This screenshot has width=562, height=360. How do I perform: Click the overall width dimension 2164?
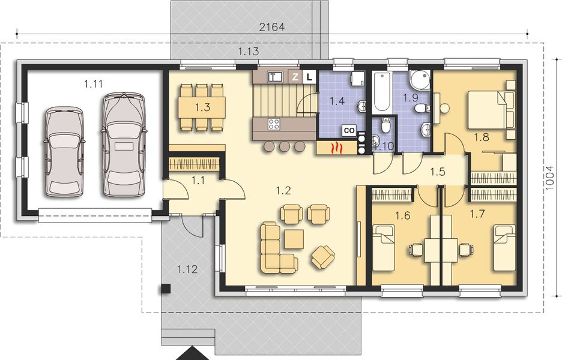point(271,26)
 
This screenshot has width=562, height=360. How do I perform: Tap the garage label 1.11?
point(94,83)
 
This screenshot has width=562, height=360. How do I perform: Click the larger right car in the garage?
point(124,144)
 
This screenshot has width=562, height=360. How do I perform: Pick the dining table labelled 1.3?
point(202,107)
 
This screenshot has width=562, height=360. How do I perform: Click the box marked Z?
point(295,76)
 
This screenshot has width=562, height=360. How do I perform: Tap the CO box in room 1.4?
point(348,130)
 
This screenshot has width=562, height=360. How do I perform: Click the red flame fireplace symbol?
point(338,148)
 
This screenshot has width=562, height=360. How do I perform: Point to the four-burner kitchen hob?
point(274,124)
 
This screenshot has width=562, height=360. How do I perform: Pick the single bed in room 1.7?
point(504,247)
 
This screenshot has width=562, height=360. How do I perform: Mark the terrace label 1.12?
point(187,269)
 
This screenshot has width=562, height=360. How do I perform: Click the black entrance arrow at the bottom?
point(194,353)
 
